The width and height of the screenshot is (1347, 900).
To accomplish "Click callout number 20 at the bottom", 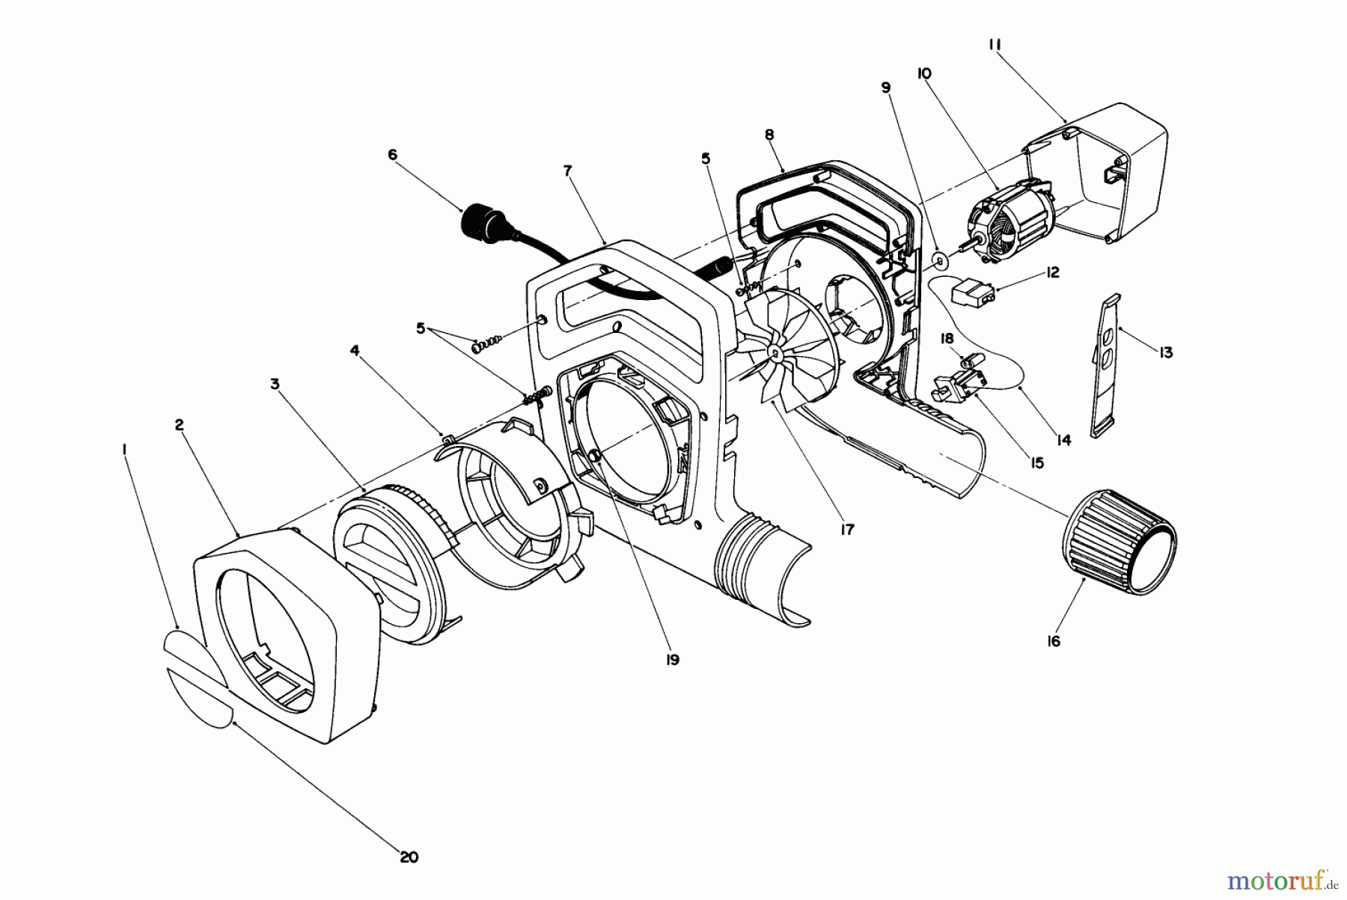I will [x=409, y=857].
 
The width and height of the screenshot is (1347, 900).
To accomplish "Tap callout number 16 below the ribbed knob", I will [x=1053, y=641].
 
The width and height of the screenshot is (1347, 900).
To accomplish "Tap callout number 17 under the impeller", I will [x=847, y=530].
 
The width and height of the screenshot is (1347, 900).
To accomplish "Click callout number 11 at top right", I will [x=994, y=45].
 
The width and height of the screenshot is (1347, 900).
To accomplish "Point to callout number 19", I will [x=672, y=660].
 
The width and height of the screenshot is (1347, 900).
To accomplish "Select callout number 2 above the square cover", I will [x=179, y=425].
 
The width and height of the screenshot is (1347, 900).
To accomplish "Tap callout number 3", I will [x=275, y=384].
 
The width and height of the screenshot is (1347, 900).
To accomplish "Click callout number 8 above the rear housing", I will [x=769, y=135].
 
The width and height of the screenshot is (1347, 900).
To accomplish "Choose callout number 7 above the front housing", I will [x=567, y=171].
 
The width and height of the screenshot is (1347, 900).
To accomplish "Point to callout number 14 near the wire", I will [x=1063, y=441].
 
